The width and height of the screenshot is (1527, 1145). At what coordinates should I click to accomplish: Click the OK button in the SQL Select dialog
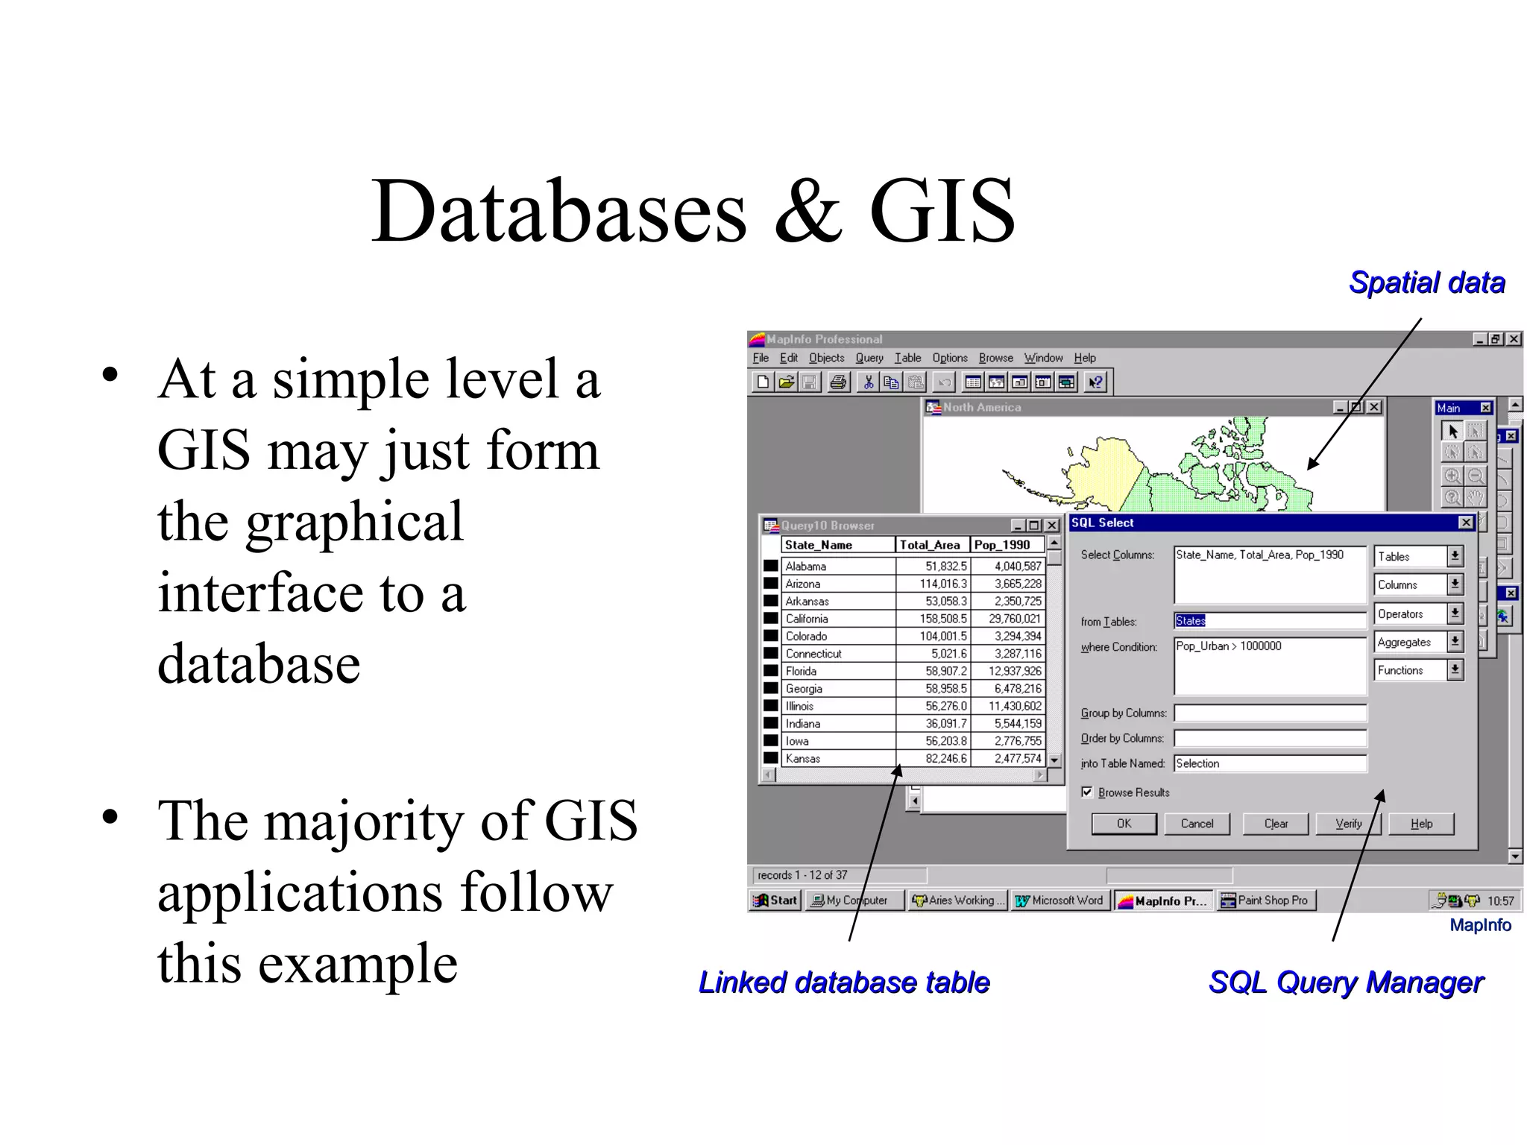pos(1124,824)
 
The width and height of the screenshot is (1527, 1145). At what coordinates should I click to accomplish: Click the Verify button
pos(1348,824)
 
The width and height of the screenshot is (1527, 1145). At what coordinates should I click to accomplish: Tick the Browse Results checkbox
pos(1087,792)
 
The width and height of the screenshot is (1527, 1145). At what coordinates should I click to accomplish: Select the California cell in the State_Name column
pos(807,619)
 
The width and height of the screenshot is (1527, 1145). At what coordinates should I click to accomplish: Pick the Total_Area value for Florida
pos(945,671)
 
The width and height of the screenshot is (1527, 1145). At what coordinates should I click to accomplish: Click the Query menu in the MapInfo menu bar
pos(869,358)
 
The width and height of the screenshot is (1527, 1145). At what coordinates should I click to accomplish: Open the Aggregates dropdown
pos(1455,642)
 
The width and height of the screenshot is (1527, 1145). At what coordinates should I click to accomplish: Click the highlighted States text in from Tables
pos(1190,621)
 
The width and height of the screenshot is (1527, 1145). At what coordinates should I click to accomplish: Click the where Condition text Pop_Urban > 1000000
pos(1228,646)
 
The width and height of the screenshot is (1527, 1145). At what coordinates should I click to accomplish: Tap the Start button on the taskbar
pos(775,900)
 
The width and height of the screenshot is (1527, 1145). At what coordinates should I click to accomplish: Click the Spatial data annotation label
pos(1426,283)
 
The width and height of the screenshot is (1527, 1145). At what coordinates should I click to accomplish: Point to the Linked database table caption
pos(844,982)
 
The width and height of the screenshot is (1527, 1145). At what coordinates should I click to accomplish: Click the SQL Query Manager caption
pos(1346,982)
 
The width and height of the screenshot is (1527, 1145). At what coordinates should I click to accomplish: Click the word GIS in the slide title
pos(942,212)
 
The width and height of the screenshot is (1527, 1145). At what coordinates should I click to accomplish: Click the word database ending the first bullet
pos(259,663)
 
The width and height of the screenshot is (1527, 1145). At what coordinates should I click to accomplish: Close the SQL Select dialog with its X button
pos(1465,523)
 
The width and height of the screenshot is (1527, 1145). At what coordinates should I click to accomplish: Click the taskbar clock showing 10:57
pos(1500,900)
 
